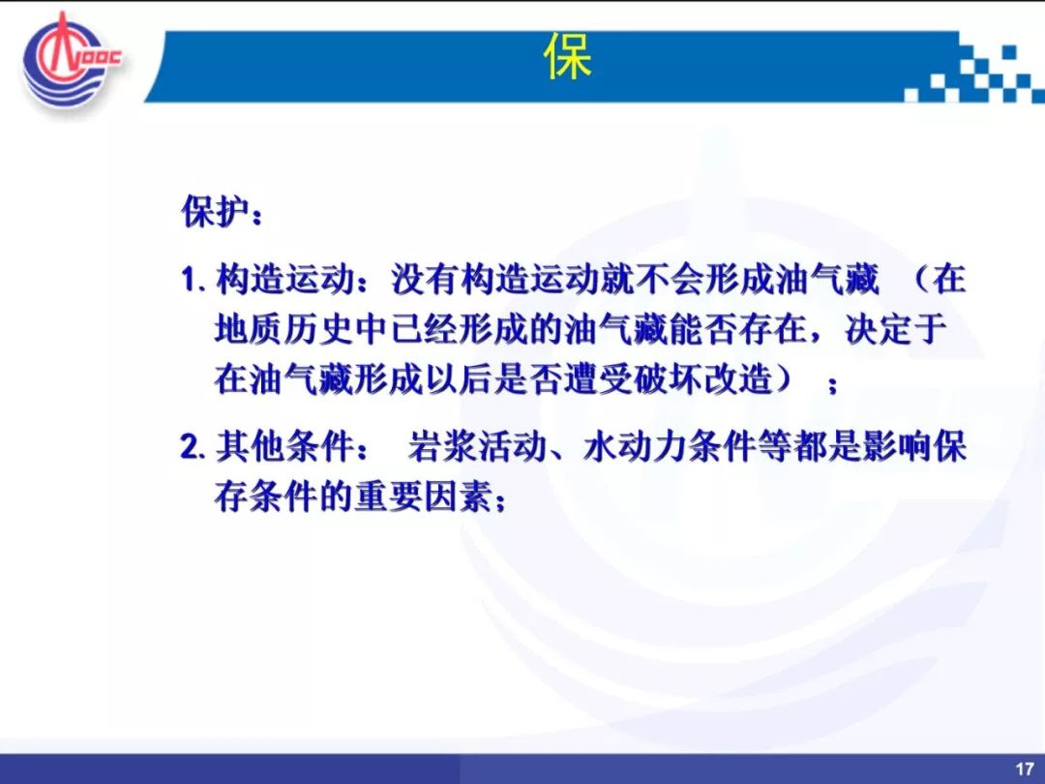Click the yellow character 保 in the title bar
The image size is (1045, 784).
tap(569, 57)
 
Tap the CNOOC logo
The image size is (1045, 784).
tap(71, 62)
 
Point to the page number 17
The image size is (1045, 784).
tap(1025, 769)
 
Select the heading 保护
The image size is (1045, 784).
tap(216, 212)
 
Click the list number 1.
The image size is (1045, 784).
tap(190, 280)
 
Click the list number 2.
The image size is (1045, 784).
tap(191, 447)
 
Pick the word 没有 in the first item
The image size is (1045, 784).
tap(425, 280)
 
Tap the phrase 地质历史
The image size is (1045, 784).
tap(284, 329)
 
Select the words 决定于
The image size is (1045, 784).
tap(896, 329)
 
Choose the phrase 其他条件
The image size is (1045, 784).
tap(284, 446)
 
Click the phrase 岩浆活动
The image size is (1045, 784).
tap(477, 446)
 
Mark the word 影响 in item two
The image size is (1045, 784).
tap(896, 446)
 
